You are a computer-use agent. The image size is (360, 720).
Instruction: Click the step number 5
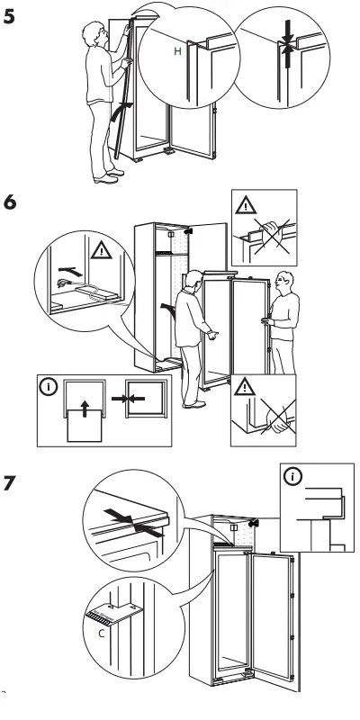[x=11, y=16]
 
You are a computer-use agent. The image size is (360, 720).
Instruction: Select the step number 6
[x=11, y=203]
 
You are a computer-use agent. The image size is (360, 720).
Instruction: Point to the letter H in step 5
[x=176, y=53]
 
